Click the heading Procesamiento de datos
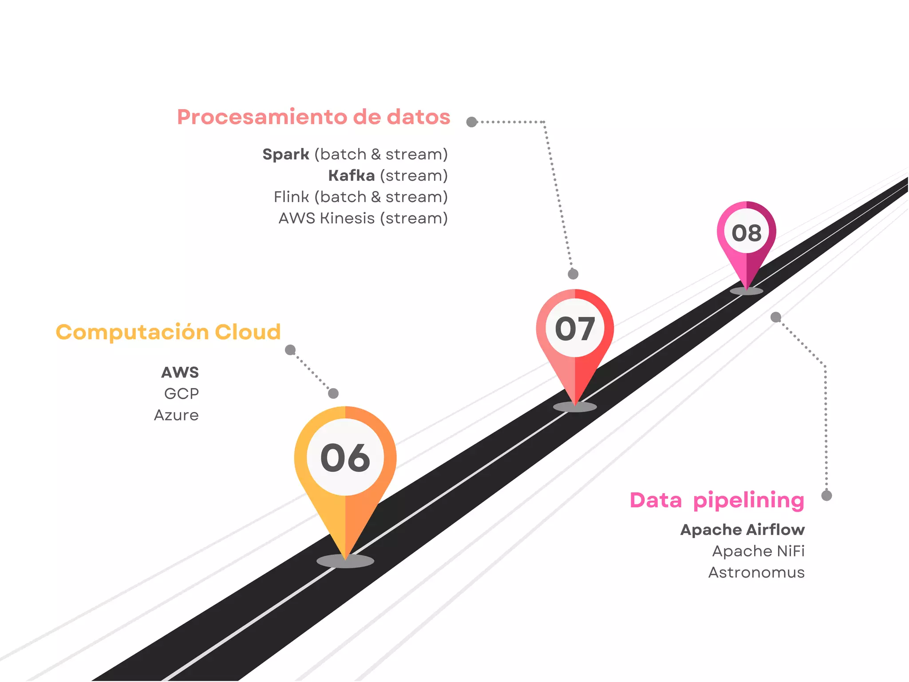click(313, 117)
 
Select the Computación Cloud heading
click(168, 332)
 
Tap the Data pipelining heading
click(717, 500)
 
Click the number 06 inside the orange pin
click(345, 458)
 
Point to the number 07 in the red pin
click(575, 329)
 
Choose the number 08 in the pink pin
click(747, 233)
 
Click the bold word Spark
click(285, 154)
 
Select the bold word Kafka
click(352, 175)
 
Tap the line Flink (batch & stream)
click(360, 197)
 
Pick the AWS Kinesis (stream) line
click(363, 218)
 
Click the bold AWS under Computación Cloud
click(180, 372)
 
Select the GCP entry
click(182, 393)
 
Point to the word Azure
click(176, 415)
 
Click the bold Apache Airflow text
click(742, 530)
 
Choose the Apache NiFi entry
click(758, 551)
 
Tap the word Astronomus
click(756, 572)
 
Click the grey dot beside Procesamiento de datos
click(471, 122)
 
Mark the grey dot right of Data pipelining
click(826, 496)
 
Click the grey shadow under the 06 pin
click(345, 561)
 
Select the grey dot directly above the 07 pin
click(573, 274)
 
